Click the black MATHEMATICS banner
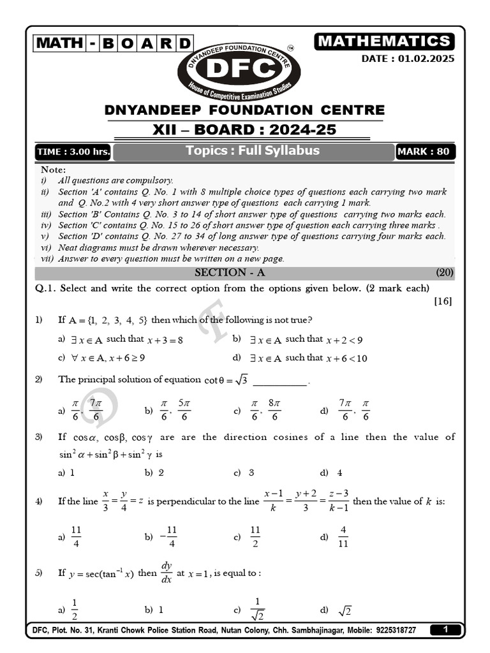[x=384, y=41]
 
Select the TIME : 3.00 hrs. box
[x=73, y=152]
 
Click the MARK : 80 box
[x=425, y=152]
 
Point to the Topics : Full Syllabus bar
[x=253, y=151]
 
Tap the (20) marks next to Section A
[x=445, y=273]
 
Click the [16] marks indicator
[x=443, y=301]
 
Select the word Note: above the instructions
[x=53, y=170]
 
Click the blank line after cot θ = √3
[x=281, y=381]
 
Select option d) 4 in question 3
[x=332, y=473]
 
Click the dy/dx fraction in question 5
[x=167, y=573]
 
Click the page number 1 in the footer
[x=446, y=630]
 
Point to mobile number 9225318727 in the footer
[x=394, y=630]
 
